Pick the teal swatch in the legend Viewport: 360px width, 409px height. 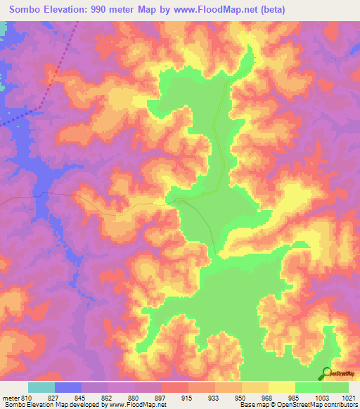click(x=41, y=387)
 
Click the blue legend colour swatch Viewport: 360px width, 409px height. click(x=68, y=387)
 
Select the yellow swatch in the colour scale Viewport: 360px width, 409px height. click(x=281, y=387)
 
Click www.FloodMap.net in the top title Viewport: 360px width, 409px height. click(x=231, y=8)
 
